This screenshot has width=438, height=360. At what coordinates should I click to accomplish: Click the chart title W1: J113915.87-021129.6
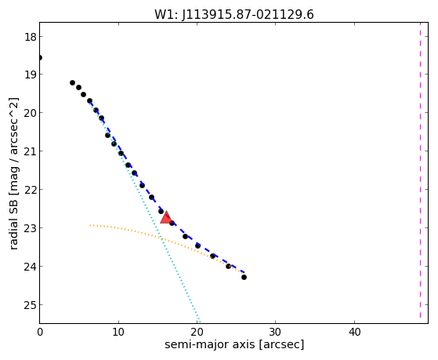pyautogui.click(x=234, y=14)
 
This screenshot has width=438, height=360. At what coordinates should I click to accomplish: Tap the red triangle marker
pyautogui.click(x=166, y=217)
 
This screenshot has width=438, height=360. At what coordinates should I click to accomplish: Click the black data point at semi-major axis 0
pyautogui.click(x=40, y=57)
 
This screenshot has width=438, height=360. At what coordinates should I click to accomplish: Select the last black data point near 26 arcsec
pyautogui.click(x=244, y=277)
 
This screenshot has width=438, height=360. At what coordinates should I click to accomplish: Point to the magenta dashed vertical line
pyautogui.click(x=420, y=170)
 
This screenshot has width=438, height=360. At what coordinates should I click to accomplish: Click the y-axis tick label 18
pyautogui.click(x=31, y=37)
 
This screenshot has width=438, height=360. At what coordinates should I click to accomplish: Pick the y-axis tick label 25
pyautogui.click(x=31, y=305)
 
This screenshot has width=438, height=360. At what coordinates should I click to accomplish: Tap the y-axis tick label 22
pyautogui.click(x=31, y=190)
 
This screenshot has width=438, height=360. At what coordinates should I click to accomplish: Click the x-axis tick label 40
pyautogui.click(x=354, y=332)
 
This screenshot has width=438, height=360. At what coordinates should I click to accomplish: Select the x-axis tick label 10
pyautogui.click(x=118, y=332)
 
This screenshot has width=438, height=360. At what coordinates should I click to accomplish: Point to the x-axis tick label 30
pyautogui.click(x=276, y=332)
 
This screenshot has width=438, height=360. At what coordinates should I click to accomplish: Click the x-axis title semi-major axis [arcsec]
pyautogui.click(x=234, y=344)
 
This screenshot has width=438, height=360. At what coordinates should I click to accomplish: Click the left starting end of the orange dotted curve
pyautogui.click(x=90, y=225)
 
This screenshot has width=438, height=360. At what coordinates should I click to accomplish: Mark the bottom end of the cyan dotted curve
pyautogui.click(x=199, y=322)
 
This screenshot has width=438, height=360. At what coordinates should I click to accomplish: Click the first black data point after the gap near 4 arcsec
pyautogui.click(x=72, y=83)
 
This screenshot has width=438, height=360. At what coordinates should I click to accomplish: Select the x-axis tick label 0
pyautogui.click(x=40, y=332)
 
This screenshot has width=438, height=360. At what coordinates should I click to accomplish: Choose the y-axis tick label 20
pyautogui.click(x=31, y=113)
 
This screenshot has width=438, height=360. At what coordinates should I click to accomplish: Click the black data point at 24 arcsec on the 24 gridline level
pyautogui.click(x=228, y=267)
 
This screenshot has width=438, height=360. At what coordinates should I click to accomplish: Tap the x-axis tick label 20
pyautogui.click(x=197, y=332)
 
